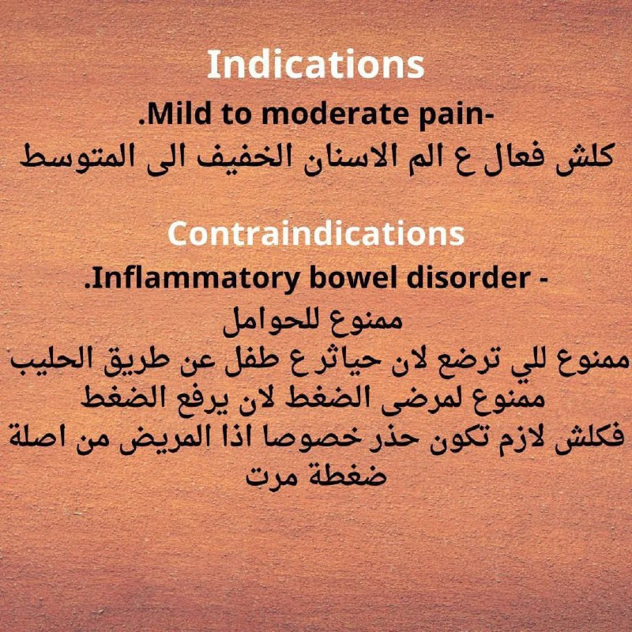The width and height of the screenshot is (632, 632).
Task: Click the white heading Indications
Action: click(x=315, y=65)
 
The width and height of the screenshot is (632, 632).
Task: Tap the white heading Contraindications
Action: click(x=316, y=234)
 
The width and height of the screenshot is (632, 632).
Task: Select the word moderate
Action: click(x=334, y=115)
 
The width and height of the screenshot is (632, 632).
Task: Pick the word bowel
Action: click(x=354, y=278)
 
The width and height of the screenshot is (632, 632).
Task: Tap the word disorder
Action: click(x=468, y=278)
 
